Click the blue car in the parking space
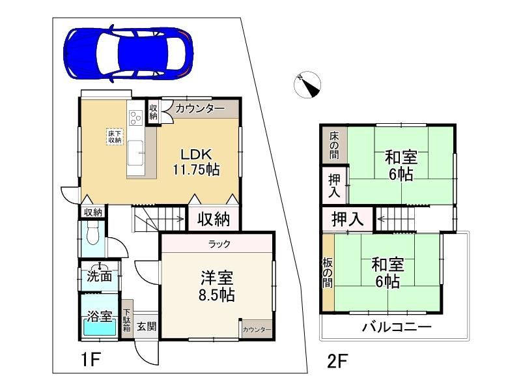pyautogui.click(x=128, y=53)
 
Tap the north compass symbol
pyautogui.click(x=307, y=85)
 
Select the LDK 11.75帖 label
pyautogui.click(x=196, y=162)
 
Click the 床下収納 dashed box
pyautogui.click(x=115, y=137)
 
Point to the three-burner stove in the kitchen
pyautogui.click(x=135, y=117)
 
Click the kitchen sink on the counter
pyautogui.click(x=135, y=152)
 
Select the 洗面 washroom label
pyautogui.click(x=99, y=276)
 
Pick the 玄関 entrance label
pyautogui.click(x=147, y=326)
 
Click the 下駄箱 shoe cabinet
pyautogui.click(x=127, y=320)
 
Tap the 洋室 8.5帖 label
pyautogui.click(x=217, y=286)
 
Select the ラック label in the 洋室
pyautogui.click(x=219, y=244)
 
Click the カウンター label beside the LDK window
pyautogui.click(x=200, y=108)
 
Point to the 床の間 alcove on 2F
pyautogui.click(x=335, y=145)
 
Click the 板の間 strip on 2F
pyautogui.click(x=328, y=273)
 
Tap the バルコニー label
pyautogui.click(x=397, y=327)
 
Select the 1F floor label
pyautogui.click(x=91, y=360)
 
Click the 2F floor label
pyautogui.click(x=337, y=362)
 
